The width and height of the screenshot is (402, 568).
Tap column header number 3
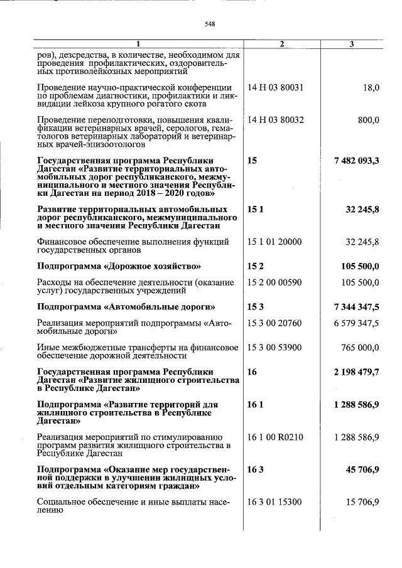pos(352,43)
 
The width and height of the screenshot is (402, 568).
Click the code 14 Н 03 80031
pos(276,87)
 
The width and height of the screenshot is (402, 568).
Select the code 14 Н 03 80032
pos(276,120)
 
